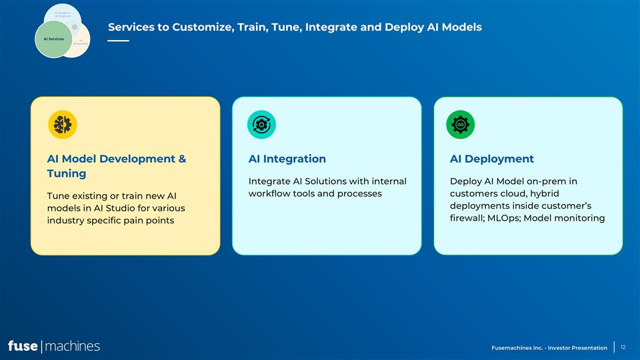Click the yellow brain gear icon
pos(63,125)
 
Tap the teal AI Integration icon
pos(261,125)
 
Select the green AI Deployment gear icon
pos(460,125)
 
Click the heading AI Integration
pos(287,159)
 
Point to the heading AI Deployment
pos(491,159)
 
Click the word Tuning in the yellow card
pos(66,173)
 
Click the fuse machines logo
pos(53,346)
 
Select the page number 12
pos(623,347)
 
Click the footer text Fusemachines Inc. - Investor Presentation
pos(549,347)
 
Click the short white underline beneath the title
pos(118,41)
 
